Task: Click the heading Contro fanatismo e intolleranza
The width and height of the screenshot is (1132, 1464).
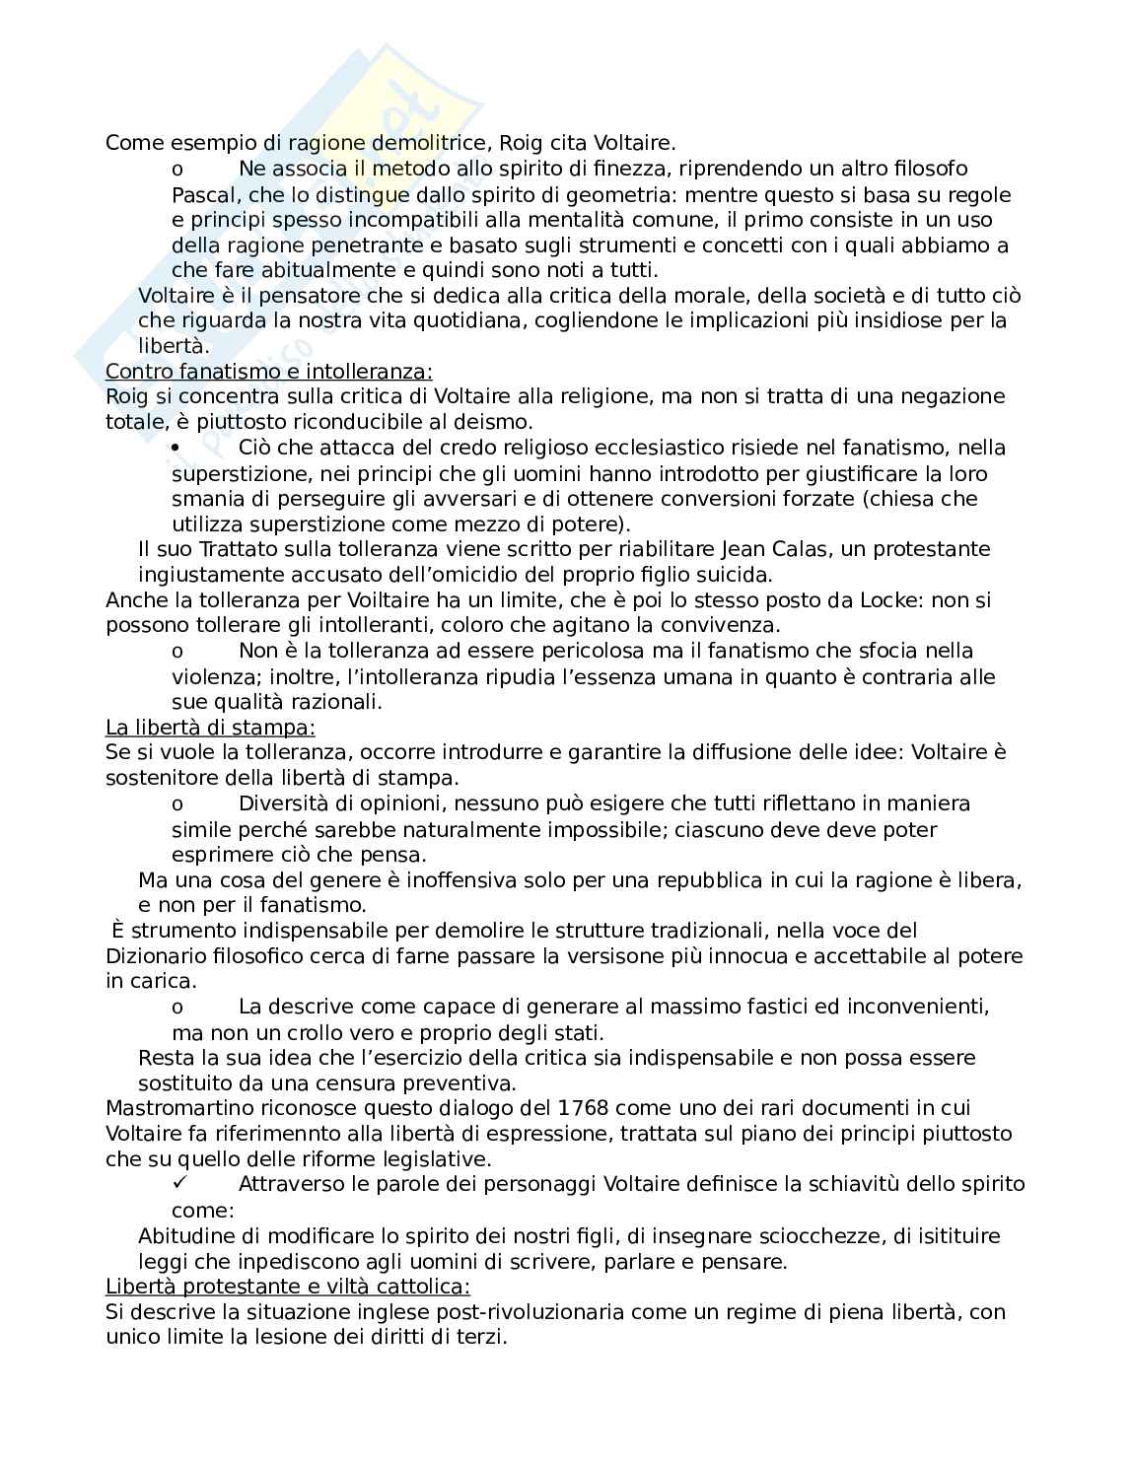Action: pos(268,372)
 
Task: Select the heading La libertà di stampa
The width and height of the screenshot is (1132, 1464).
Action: pos(210,728)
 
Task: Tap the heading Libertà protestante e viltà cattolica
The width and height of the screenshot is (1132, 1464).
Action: pos(288,1287)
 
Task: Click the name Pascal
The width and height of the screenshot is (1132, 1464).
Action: pos(200,194)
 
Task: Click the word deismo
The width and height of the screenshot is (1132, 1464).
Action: pos(495,422)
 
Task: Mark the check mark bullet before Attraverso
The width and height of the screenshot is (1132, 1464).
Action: pos(177,1183)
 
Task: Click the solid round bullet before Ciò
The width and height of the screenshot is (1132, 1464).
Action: pos(176,448)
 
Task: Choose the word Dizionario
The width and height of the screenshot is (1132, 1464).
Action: pos(153,955)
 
